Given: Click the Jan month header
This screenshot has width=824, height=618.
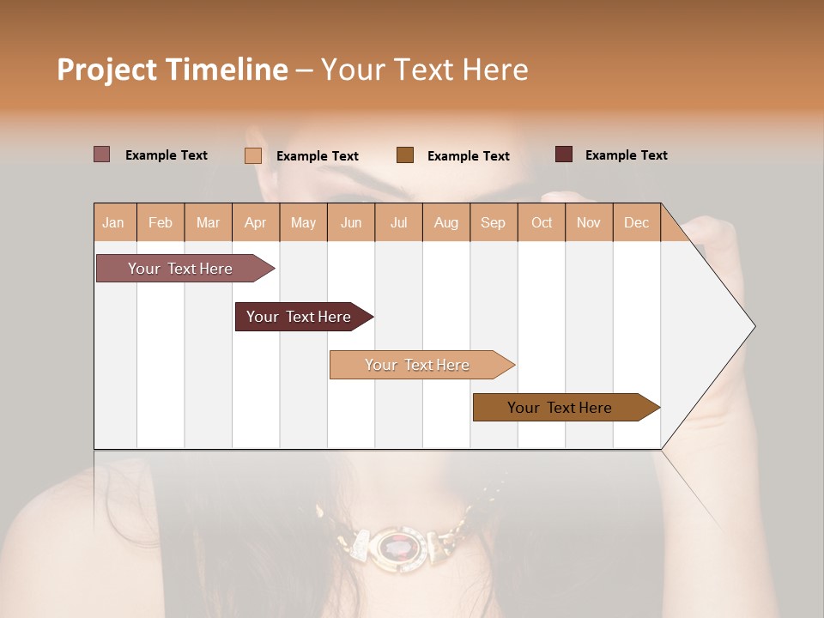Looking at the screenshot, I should point(113,223).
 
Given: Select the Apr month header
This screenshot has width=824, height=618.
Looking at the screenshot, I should point(255,223).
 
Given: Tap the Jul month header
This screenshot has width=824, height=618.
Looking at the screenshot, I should point(398,223).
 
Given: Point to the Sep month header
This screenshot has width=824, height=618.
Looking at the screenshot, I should point(493,223).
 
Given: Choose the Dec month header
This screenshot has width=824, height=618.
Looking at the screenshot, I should point(636,223).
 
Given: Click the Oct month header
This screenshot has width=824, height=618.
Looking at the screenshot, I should point(542,223).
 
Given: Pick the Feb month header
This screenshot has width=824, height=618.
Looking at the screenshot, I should point(161,223).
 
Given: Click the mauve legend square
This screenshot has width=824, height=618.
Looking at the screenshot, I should point(102,154).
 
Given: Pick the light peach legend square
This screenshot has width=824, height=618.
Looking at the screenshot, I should point(253,155).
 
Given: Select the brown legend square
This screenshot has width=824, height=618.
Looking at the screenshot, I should point(405,155).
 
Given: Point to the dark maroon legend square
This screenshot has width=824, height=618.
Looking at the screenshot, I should point(564,154).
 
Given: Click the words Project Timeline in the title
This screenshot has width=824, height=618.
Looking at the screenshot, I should point(172,70).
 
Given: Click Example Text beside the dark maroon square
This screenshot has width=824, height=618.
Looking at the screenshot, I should point(626,155).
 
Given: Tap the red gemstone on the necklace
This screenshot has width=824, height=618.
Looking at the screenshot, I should point(398,544).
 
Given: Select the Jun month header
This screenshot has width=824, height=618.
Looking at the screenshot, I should point(351,223).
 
